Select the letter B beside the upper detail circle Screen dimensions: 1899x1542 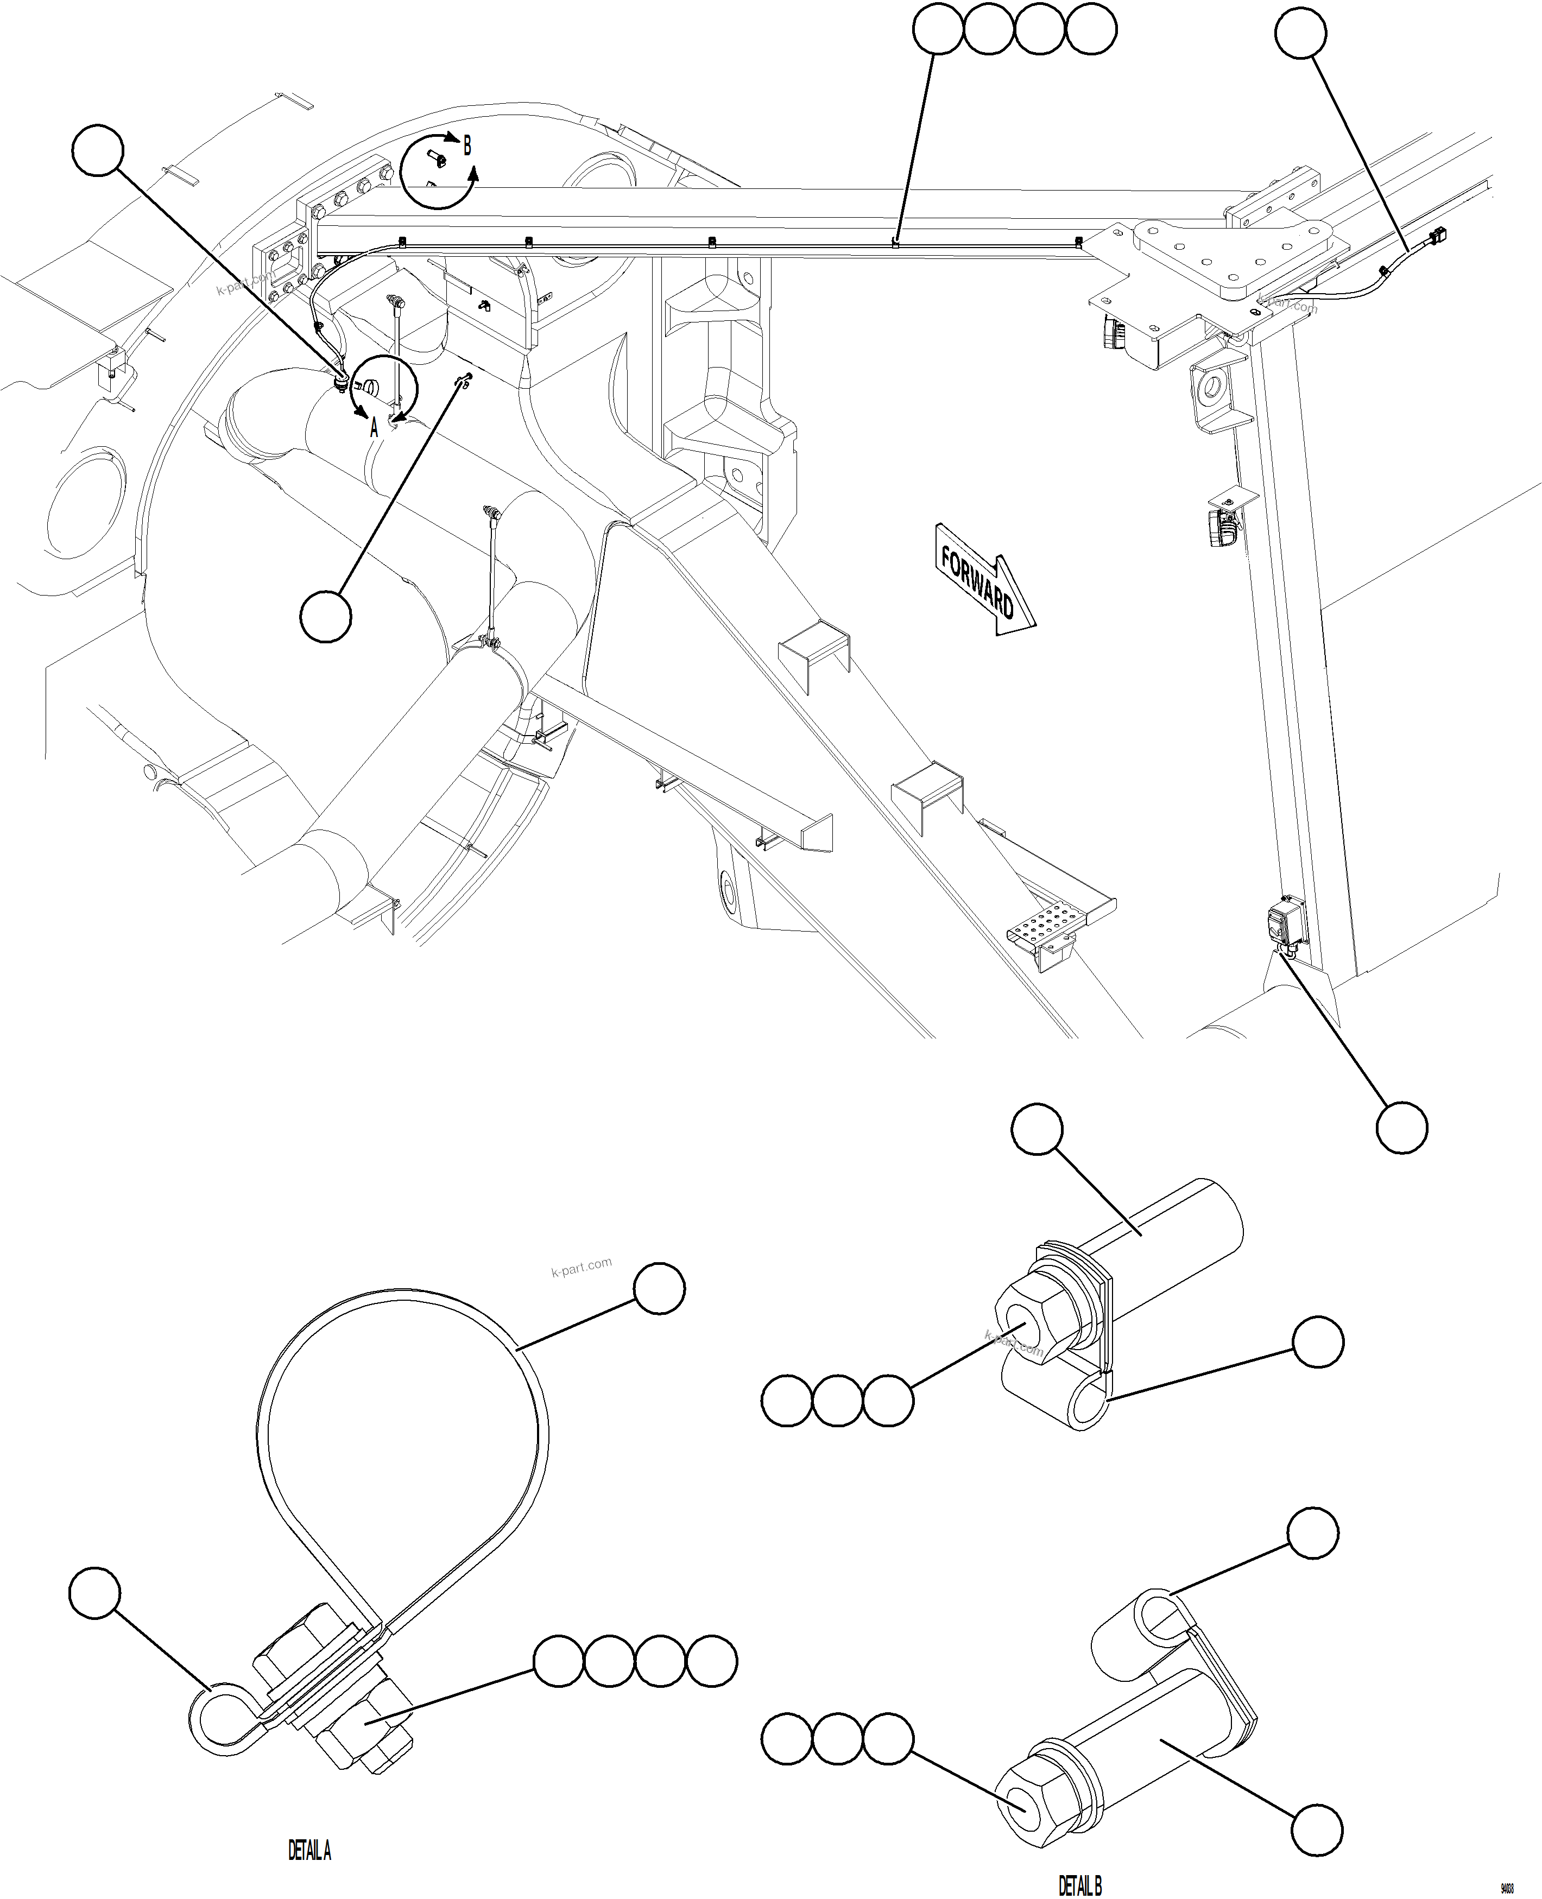(467, 145)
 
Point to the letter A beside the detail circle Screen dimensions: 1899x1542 (374, 427)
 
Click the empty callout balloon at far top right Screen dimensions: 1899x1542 (1300, 34)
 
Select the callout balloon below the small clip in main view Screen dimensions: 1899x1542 (326, 616)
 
